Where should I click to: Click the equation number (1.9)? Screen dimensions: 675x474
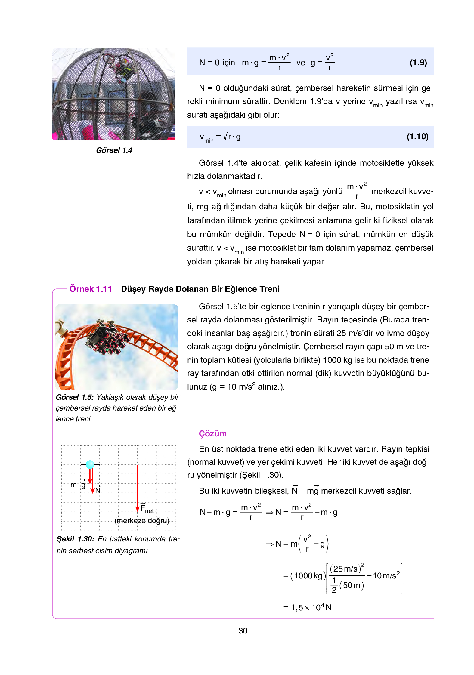(418, 63)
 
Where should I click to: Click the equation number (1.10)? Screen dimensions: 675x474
(417, 137)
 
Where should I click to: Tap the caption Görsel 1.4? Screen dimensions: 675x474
(114, 150)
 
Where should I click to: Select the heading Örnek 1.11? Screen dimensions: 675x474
(91, 289)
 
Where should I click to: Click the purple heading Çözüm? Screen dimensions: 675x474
(212, 433)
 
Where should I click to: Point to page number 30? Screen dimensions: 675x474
(243, 631)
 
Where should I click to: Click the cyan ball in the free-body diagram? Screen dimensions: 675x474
(90, 464)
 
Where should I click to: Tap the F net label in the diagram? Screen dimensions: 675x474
(147, 509)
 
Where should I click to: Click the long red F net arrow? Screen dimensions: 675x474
(138, 487)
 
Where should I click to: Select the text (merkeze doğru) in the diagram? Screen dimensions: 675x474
(142, 521)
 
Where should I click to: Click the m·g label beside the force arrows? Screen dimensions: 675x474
(78, 485)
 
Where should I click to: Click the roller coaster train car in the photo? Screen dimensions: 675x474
(105, 338)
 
